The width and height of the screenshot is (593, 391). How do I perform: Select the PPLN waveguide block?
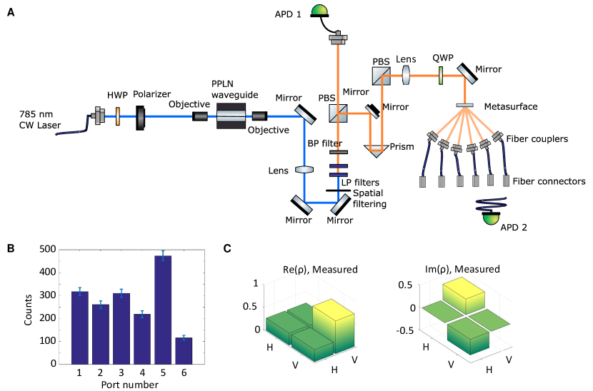click(x=231, y=116)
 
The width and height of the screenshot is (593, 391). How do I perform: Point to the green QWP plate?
click(x=441, y=74)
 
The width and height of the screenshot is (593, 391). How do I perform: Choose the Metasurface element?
click(x=464, y=106)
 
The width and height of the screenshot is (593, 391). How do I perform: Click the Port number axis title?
click(x=120, y=385)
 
